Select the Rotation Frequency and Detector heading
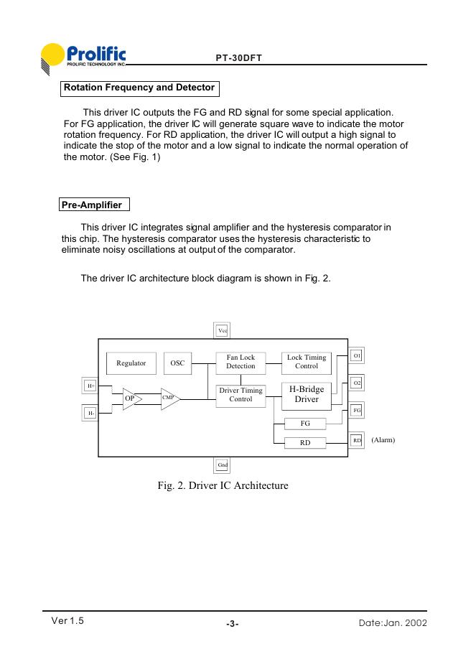[139, 88]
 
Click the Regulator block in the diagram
[131, 363]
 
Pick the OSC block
[177, 363]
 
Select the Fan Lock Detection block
[241, 362]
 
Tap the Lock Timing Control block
[307, 362]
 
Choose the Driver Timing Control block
[241, 394]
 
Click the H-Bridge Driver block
[307, 394]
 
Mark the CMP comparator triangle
[169, 397]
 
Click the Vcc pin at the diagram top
[223, 330]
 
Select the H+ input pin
[91, 386]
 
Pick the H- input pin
[91, 414]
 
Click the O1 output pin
[357, 356]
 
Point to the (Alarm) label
[383, 439]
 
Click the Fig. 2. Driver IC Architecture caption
[223, 486]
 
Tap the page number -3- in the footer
[232, 624]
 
